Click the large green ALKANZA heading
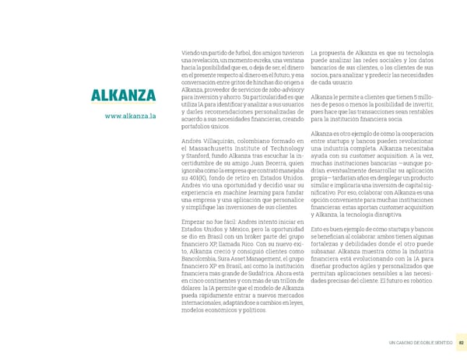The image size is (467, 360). coord(124,96)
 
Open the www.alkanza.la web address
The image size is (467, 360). coord(130,116)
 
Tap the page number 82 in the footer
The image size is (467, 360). coord(461,343)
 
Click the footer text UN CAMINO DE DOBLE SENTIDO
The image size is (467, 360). coord(420,343)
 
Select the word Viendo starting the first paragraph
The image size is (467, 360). coord(190,52)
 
